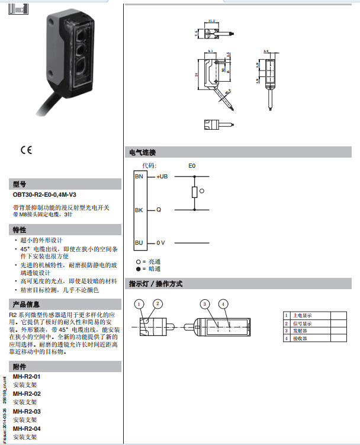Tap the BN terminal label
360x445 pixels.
click(x=139, y=177)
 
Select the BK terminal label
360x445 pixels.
click(x=139, y=210)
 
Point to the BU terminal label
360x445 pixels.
click(x=139, y=243)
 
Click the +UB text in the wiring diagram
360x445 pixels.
click(x=162, y=177)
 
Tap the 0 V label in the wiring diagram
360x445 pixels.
click(x=160, y=243)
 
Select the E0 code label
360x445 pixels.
click(x=192, y=166)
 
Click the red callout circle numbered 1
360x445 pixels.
click(x=140, y=304)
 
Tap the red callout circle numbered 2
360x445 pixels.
click(x=157, y=304)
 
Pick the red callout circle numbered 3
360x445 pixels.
click(x=205, y=304)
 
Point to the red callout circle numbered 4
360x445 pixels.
click(x=223, y=304)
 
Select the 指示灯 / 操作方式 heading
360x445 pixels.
click(x=156, y=284)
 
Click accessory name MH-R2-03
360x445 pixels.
click(x=27, y=411)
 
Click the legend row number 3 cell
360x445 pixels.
click(x=286, y=331)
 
